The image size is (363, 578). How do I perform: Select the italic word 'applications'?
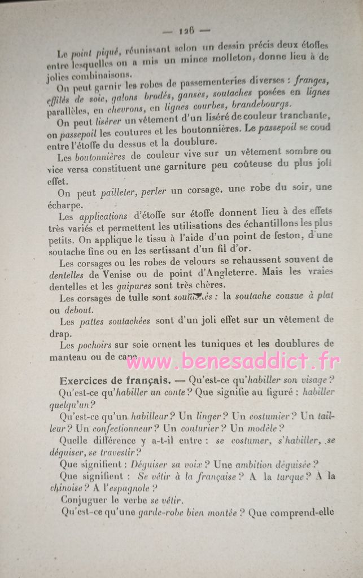(x=103, y=216)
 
